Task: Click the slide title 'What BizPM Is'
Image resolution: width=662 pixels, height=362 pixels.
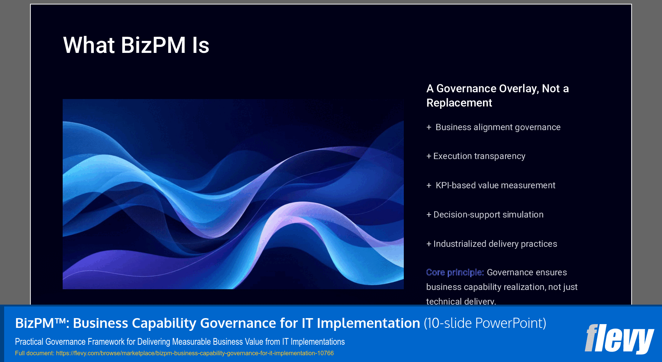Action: coord(136,45)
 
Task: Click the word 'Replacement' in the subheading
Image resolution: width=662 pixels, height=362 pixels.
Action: coord(459,103)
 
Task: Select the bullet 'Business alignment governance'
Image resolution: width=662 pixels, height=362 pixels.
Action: coord(498,128)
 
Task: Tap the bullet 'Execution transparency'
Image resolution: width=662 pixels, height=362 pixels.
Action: coord(479,156)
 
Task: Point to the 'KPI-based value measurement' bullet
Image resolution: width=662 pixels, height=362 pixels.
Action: coord(495,186)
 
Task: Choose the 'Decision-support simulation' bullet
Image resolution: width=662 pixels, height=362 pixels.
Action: coord(488,215)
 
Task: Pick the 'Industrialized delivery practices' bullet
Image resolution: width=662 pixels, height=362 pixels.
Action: coord(495,244)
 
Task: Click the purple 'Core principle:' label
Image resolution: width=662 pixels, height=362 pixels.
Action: coord(455,273)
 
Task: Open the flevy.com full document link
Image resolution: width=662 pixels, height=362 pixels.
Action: coord(194,353)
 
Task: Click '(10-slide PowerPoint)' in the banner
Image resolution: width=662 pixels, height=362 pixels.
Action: coord(485,323)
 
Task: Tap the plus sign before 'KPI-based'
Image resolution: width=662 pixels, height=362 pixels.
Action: coord(429,186)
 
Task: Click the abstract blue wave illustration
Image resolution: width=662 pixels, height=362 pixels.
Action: coord(233,194)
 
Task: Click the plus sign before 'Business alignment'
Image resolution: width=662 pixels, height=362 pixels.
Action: coord(429,128)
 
